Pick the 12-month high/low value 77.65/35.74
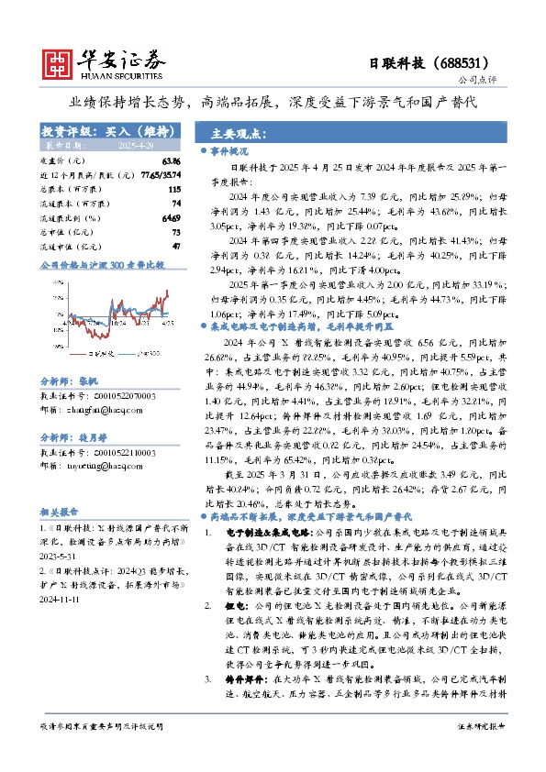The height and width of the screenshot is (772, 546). [x=159, y=174]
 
